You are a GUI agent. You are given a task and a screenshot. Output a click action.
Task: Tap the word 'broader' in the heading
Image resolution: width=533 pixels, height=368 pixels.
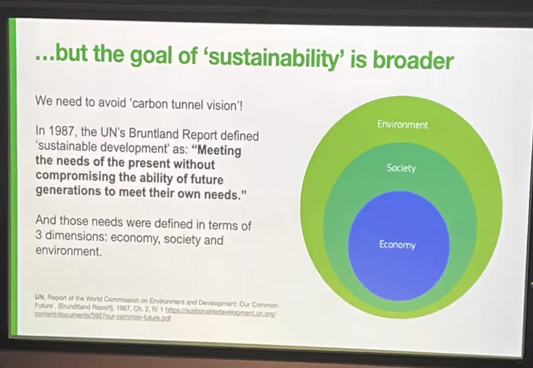click(413, 60)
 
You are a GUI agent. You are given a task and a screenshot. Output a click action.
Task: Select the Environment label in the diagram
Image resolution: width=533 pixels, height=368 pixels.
click(403, 124)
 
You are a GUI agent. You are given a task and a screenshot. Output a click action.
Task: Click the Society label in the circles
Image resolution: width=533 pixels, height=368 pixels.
click(401, 168)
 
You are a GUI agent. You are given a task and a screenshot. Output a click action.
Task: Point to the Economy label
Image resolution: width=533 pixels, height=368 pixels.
click(397, 245)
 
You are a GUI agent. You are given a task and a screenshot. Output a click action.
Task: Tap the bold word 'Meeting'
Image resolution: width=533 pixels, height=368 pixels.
click(219, 150)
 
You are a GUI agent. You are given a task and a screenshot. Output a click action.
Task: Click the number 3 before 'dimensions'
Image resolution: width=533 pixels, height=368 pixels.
click(38, 234)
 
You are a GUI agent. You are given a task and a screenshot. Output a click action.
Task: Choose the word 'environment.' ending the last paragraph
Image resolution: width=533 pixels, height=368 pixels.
click(68, 251)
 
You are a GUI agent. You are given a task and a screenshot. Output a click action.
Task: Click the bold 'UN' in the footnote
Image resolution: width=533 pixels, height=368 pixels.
click(39, 297)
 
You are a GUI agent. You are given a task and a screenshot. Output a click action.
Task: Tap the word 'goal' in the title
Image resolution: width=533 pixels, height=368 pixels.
click(152, 54)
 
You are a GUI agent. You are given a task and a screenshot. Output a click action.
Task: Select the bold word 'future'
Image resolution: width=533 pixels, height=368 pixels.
click(207, 179)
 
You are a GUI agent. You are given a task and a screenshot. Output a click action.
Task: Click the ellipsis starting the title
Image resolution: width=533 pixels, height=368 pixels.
click(44, 58)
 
